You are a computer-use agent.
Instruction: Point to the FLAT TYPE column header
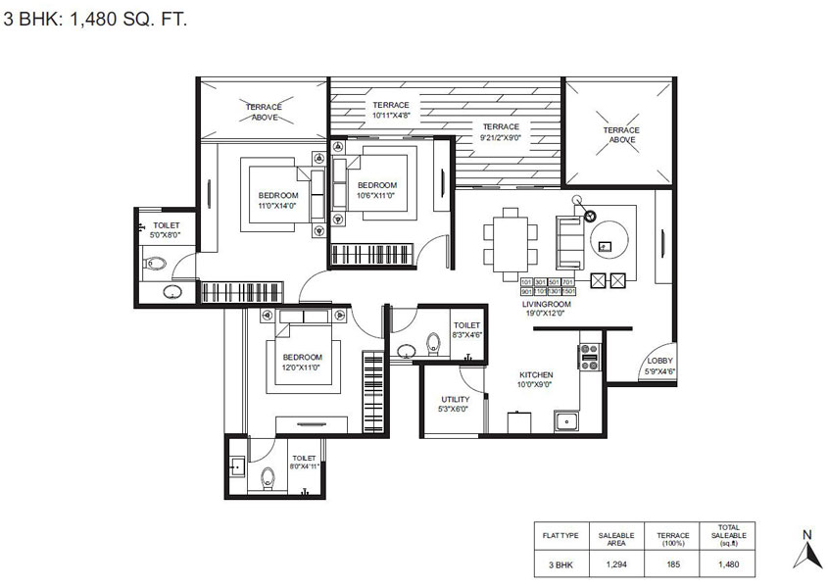[x=561, y=535]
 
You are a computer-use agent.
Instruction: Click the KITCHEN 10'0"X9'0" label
[x=536, y=380]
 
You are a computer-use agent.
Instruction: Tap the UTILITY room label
[x=455, y=404]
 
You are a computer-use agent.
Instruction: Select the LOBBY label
[x=660, y=366]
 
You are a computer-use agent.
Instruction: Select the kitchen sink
[x=566, y=422]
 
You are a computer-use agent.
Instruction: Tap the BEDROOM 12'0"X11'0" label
[x=302, y=362]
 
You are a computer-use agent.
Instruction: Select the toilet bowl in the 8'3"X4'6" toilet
[x=432, y=345]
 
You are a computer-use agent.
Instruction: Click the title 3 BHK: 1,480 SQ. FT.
[x=82, y=18]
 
